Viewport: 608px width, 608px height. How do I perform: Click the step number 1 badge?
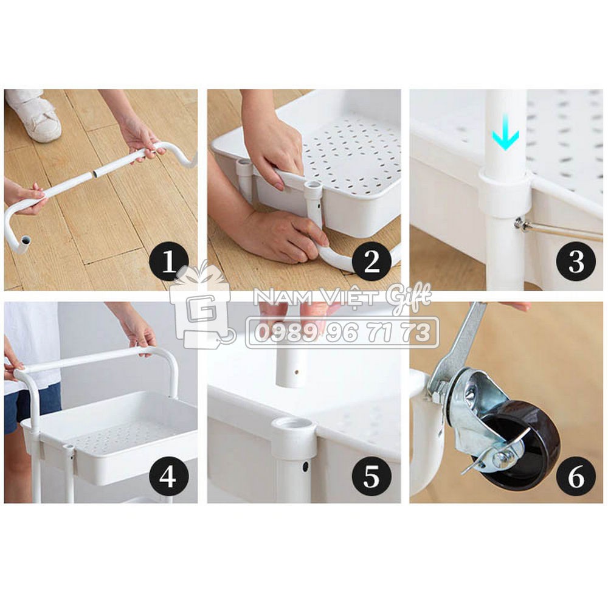coord(169,261)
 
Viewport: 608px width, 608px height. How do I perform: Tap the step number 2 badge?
coord(371,261)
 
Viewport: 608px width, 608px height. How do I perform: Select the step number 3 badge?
coord(576,261)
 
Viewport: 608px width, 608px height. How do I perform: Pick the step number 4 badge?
coord(169,476)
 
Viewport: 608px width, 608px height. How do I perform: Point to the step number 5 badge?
coord(371,476)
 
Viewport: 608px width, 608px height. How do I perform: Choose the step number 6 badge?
coord(576,476)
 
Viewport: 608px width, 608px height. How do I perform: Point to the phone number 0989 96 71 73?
coord(343,333)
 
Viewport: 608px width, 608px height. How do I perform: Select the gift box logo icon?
coord(202,306)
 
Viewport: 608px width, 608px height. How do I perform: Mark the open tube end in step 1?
coord(25,241)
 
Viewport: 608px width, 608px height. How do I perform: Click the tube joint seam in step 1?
coord(94,174)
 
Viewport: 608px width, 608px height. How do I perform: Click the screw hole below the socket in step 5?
coord(305,466)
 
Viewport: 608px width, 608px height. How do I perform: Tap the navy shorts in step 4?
coord(31,408)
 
